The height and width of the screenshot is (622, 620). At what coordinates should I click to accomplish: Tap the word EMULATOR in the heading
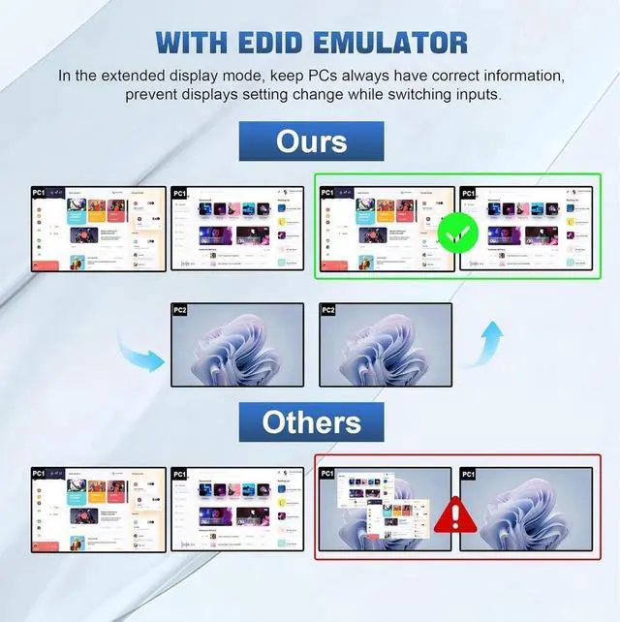(399, 43)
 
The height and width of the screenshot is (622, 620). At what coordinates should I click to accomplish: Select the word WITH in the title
(198, 43)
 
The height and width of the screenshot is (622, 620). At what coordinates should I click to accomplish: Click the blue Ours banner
(311, 141)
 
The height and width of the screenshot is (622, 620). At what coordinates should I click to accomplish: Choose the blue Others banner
(311, 422)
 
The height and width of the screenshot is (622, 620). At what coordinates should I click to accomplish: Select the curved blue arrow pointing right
(142, 358)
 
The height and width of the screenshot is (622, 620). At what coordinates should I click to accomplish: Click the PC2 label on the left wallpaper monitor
(180, 310)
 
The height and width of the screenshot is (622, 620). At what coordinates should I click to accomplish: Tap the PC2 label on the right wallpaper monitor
(328, 310)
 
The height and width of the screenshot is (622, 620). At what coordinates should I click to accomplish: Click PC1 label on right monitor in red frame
(469, 475)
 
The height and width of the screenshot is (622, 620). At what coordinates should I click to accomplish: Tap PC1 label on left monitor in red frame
(327, 475)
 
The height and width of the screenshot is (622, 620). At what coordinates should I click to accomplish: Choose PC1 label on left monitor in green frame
(327, 193)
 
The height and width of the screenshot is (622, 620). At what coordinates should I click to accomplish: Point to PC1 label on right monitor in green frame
(469, 193)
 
